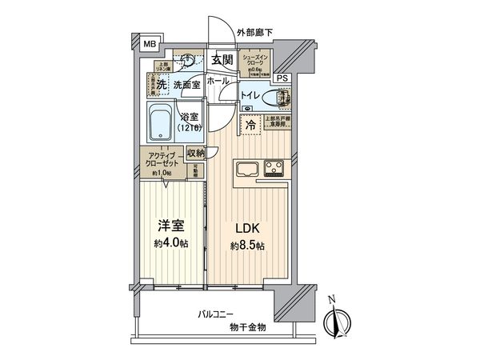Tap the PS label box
[282, 78]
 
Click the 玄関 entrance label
[222, 60]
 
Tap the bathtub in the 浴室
[165, 123]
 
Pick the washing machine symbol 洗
[160, 84]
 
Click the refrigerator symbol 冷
[251, 126]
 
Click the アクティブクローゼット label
[163, 160]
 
